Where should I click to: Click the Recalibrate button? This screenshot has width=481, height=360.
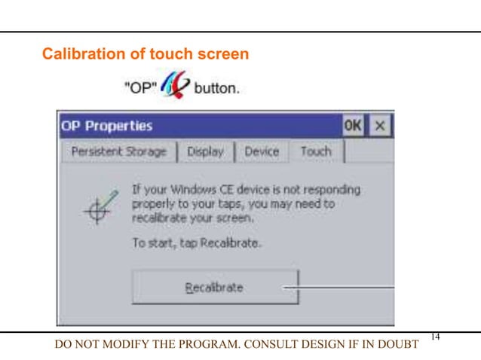215,287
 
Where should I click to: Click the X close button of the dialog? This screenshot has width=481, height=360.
381,126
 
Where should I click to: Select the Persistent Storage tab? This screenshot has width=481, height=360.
118,151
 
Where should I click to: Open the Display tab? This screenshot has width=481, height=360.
205,151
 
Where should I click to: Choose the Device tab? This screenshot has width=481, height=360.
261,151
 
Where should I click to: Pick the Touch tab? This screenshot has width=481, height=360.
316,151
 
